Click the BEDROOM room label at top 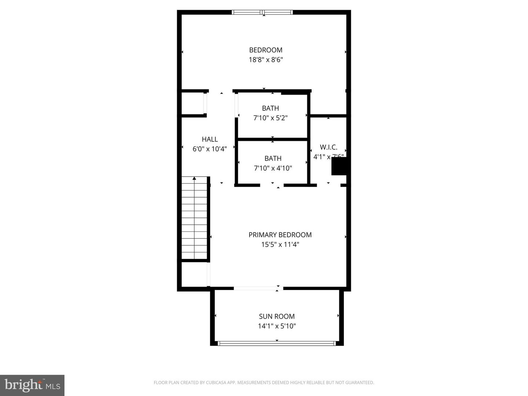(x=265, y=50)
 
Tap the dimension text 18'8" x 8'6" (x=265, y=60)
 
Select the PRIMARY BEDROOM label (x=280, y=235)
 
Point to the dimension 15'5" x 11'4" (x=280, y=245)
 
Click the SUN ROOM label (x=276, y=316)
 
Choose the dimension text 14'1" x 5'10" (x=276, y=326)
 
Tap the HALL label (x=210, y=139)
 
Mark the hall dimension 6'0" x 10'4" (x=210, y=149)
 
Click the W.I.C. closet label (x=329, y=147)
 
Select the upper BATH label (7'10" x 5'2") (x=270, y=108)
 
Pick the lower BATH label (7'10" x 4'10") (x=273, y=158)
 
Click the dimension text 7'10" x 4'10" (x=273, y=168)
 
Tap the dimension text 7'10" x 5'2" (x=270, y=118)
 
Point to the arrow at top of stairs (x=194, y=179)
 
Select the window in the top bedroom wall (x=263, y=12)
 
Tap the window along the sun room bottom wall (x=276, y=344)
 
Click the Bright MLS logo (x=32, y=385)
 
